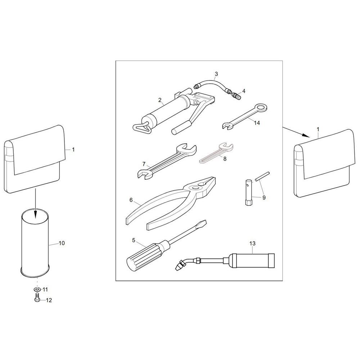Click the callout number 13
point(252,243)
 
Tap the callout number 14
point(257,123)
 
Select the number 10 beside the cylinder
point(62,243)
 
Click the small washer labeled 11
point(37,289)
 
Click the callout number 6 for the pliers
point(131,200)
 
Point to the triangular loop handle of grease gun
point(141,127)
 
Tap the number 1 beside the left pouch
point(73,150)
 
